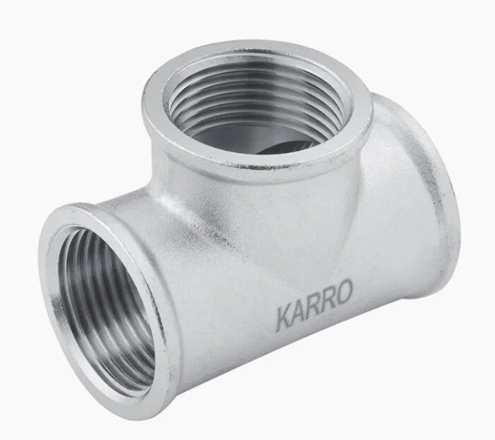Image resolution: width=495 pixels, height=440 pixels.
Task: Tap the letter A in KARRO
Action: [299, 313]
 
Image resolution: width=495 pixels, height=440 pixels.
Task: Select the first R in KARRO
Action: [313, 307]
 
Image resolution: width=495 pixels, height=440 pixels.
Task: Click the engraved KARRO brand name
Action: [313, 306]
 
